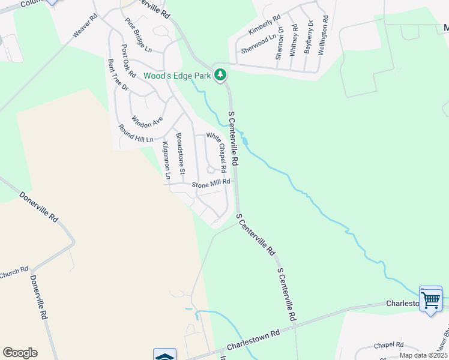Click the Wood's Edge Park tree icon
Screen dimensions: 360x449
pyautogui.click(x=221, y=75)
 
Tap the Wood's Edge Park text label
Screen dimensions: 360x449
pyautogui.click(x=177, y=76)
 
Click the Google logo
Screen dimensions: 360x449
pyautogui.click(x=20, y=353)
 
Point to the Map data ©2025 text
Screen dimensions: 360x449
pyautogui.click(x=423, y=355)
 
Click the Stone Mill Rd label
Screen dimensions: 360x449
pyautogui.click(x=211, y=183)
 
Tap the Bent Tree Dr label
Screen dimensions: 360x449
pyautogui.click(x=118, y=75)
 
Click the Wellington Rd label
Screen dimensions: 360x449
pyautogui.click(x=322, y=37)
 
